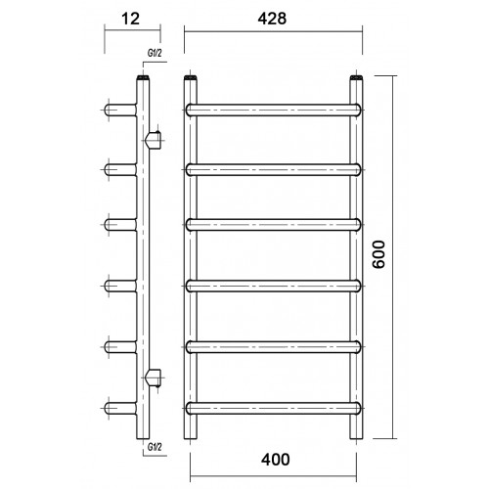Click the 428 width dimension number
[272, 19]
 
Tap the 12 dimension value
[131, 19]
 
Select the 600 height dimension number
[378, 254]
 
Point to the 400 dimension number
[276, 460]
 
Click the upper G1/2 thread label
[155, 53]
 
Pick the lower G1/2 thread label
[155, 447]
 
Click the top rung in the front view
[274, 110]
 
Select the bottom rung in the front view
[274, 408]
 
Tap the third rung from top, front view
[274, 225]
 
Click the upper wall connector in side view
[155, 140]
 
